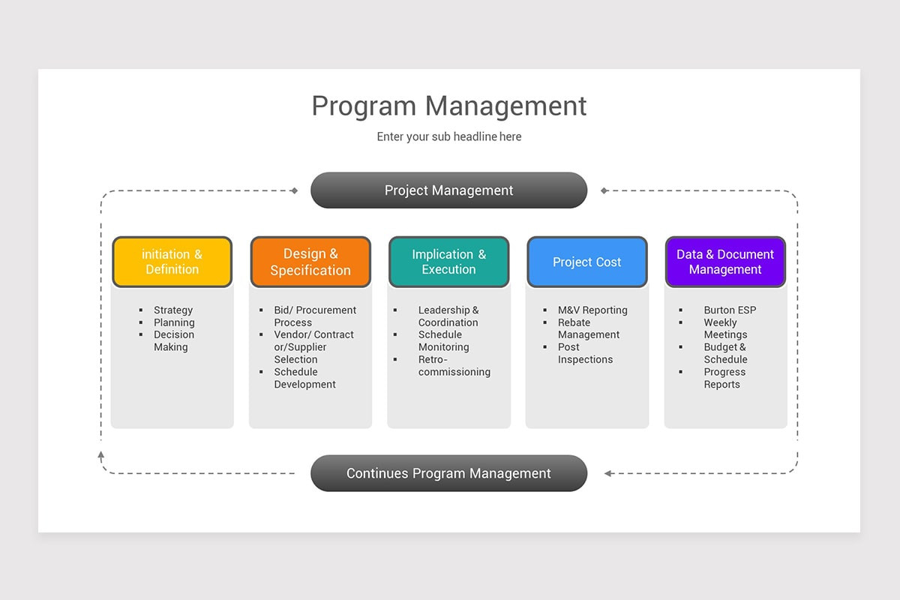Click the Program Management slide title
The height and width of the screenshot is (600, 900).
(x=449, y=106)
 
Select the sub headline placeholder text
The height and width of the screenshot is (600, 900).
(x=449, y=136)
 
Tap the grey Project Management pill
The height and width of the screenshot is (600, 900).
(x=448, y=190)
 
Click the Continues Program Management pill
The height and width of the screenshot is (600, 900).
(x=448, y=473)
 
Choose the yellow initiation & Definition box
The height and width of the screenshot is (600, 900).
(x=172, y=262)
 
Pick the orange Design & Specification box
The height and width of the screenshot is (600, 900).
(x=310, y=262)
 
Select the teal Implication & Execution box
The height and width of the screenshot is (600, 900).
(x=448, y=262)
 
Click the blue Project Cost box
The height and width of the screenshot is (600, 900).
(x=586, y=262)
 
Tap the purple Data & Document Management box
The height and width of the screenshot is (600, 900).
(x=725, y=262)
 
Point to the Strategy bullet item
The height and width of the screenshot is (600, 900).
(x=173, y=310)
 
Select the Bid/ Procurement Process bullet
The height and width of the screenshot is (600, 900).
(x=315, y=316)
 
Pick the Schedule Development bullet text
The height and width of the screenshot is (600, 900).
(x=304, y=378)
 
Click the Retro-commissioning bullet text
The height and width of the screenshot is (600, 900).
(x=454, y=366)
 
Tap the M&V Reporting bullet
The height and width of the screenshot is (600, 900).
(x=592, y=310)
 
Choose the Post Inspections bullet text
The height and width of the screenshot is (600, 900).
(x=585, y=353)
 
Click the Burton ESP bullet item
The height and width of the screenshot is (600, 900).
(x=730, y=310)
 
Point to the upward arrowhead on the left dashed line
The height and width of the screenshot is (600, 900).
(x=101, y=454)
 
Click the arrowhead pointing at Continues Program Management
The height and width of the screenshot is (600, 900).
(x=608, y=473)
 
